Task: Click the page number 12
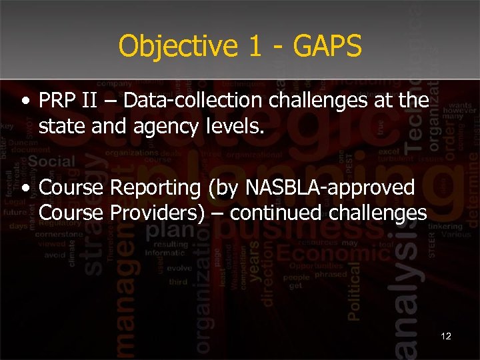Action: click(x=446, y=336)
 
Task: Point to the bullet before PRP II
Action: click(x=25, y=102)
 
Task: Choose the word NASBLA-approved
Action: click(x=330, y=189)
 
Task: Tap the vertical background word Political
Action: click(x=354, y=286)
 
